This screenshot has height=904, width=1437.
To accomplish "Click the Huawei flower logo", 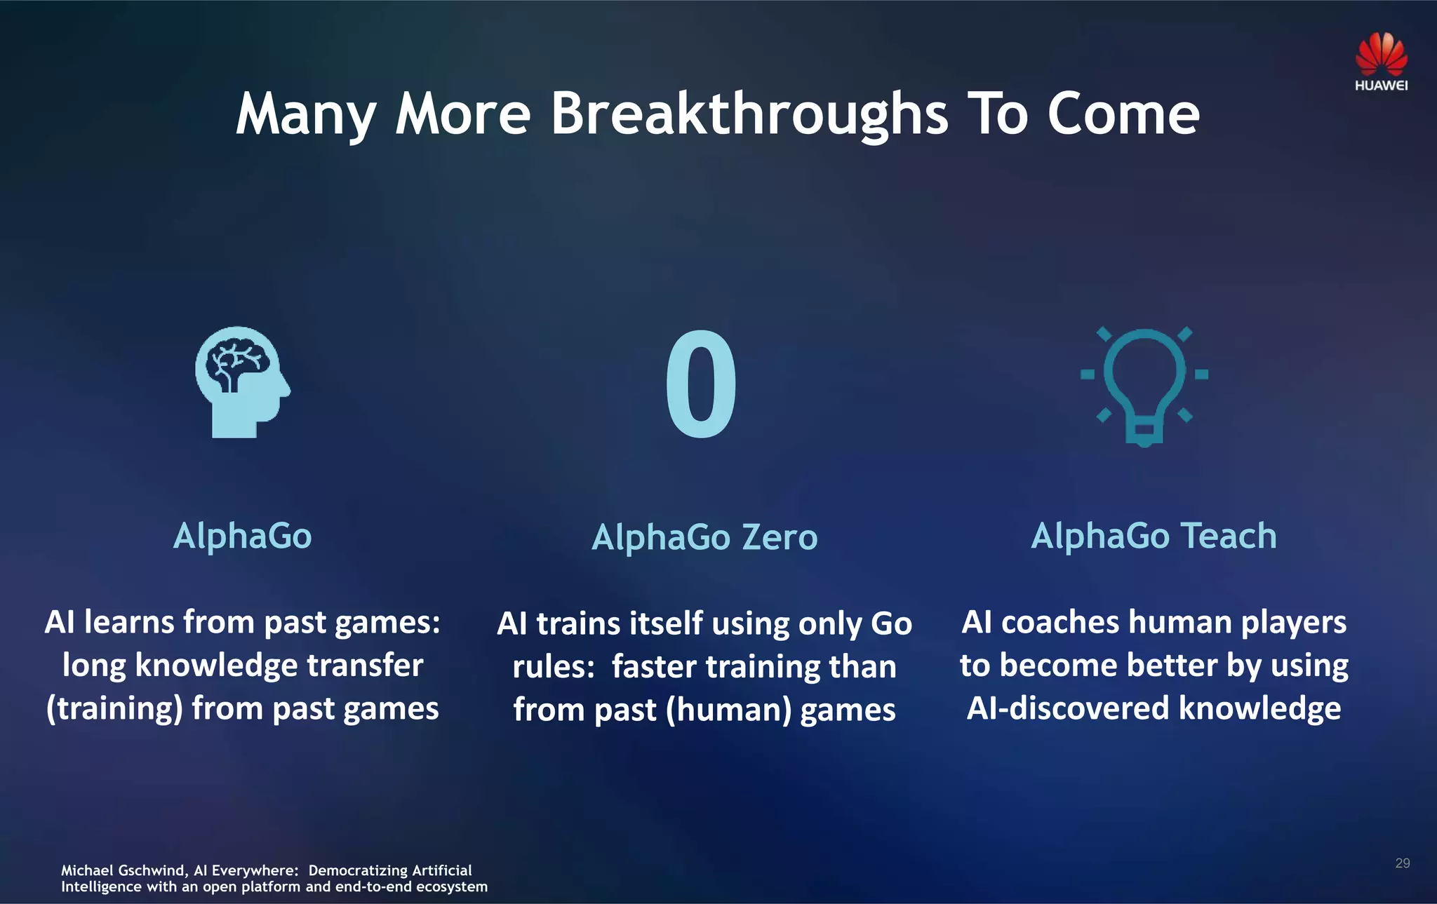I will [1381, 53].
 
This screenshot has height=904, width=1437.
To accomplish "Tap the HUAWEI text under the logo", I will [1381, 86].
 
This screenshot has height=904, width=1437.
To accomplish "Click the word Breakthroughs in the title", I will [749, 114].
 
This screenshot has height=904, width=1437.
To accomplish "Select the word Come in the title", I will [1123, 114].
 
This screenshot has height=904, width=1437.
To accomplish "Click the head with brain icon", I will [241, 383].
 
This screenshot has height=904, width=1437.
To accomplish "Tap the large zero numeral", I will [701, 384].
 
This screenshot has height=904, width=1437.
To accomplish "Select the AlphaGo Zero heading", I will [704, 538].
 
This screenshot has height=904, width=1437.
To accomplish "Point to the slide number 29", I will [1402, 863].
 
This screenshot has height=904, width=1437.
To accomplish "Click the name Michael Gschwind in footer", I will [123, 870].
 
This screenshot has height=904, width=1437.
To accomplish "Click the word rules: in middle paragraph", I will [554, 667].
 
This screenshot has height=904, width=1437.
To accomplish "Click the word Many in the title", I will [306, 114].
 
